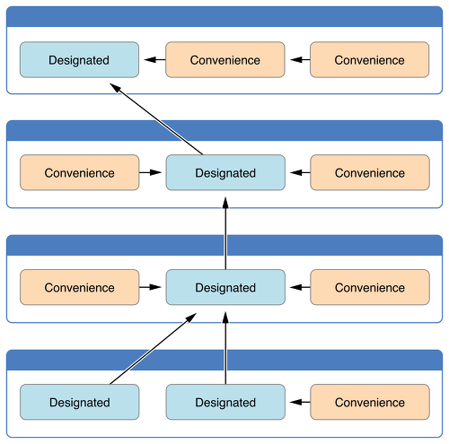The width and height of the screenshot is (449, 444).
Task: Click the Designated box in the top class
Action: pyautogui.click(x=79, y=60)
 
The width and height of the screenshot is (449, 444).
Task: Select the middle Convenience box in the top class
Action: pyautogui.click(x=225, y=60)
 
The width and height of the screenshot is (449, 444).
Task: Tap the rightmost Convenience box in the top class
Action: pyautogui.click(x=370, y=60)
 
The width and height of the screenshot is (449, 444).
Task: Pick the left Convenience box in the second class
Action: pyautogui.click(x=80, y=172)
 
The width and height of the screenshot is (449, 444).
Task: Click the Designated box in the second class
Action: pyautogui.click(x=225, y=172)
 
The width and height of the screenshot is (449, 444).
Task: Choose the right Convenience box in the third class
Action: pyautogui.click(x=370, y=287)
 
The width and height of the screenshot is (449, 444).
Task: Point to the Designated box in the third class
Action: pyautogui.click(x=225, y=287)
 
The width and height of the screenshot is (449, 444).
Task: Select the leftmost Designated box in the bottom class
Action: pyautogui.click(x=80, y=402)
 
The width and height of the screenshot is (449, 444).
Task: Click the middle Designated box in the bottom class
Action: pyautogui.click(x=225, y=402)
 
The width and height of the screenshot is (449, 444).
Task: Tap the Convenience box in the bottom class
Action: pyautogui.click(x=370, y=402)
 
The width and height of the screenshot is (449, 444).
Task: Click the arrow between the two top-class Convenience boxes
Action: pyautogui.click(x=300, y=60)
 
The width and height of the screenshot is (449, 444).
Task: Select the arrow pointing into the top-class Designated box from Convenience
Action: pyautogui.click(x=154, y=60)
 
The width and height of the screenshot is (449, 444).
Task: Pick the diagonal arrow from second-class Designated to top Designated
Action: pyautogui.click(x=156, y=119)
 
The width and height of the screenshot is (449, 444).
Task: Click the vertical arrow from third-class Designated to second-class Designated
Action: pyautogui.click(x=225, y=233)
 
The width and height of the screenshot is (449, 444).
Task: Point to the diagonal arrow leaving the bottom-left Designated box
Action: pyautogui.click(x=154, y=349)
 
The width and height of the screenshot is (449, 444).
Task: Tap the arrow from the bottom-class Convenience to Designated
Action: pyautogui.click(x=300, y=402)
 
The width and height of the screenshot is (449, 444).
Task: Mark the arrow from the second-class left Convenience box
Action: pyautogui.click(x=150, y=172)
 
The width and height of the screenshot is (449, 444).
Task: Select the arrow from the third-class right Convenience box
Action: pyautogui.click(x=300, y=287)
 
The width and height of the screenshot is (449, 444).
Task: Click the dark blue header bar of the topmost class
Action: pyautogui.click(x=224, y=16)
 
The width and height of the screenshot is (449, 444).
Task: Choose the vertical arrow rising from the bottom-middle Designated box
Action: pyautogui.click(x=225, y=348)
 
